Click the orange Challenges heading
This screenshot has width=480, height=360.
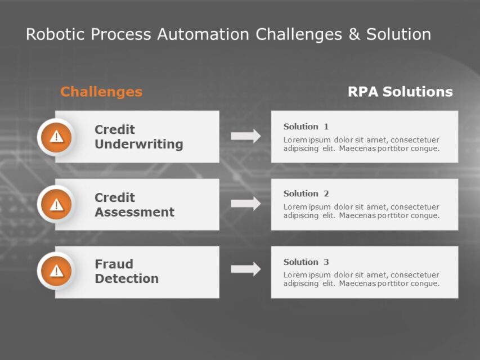point(101,92)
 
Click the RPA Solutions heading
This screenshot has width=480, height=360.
point(400,92)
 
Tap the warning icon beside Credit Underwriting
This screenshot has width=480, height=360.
point(56,137)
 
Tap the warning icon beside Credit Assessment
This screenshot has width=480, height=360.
point(56,204)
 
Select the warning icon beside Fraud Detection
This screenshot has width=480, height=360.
point(56,272)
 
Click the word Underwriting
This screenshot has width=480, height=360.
point(138,145)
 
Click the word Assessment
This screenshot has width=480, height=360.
point(134,213)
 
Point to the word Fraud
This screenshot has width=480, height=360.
point(114,264)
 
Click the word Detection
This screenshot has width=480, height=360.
point(127,278)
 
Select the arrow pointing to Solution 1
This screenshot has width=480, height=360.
point(246,136)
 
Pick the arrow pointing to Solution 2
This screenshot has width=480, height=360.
point(246,204)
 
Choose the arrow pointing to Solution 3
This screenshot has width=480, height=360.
point(246,269)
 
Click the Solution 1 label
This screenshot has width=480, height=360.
point(306,127)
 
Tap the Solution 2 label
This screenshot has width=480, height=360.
point(306,193)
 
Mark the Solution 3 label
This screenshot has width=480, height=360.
point(306,262)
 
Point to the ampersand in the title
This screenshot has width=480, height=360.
point(354,34)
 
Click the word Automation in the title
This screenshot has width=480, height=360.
point(204,34)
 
